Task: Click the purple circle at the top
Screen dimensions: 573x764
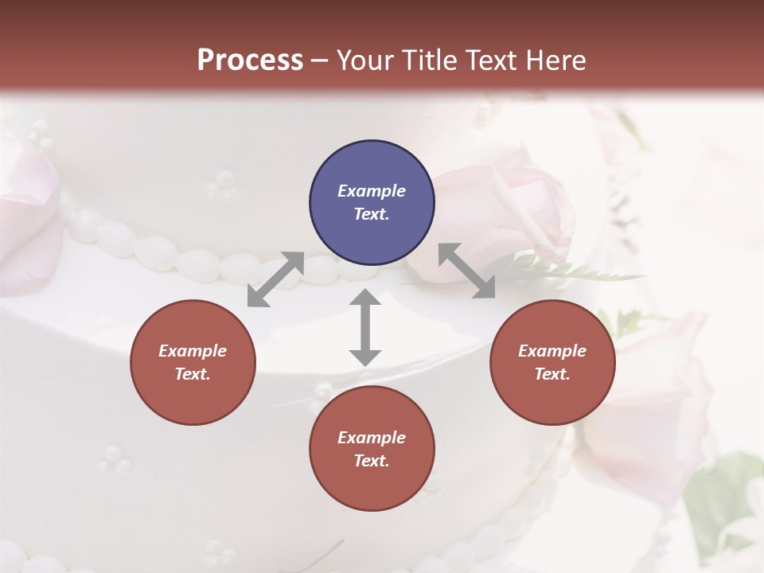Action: (x=372, y=203)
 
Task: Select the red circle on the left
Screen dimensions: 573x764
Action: (x=193, y=362)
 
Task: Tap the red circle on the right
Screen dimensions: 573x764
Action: (x=552, y=362)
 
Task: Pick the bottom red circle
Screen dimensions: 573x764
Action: (x=372, y=449)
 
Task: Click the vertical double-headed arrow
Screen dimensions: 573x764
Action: (x=365, y=328)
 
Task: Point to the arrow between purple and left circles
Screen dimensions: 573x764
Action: (x=275, y=279)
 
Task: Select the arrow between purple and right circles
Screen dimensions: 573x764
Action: (x=466, y=271)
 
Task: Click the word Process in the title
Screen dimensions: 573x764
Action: (x=250, y=60)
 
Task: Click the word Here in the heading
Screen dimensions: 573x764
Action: (x=558, y=60)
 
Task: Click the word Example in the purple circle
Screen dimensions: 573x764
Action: (x=372, y=191)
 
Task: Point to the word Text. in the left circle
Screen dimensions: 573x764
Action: (x=193, y=374)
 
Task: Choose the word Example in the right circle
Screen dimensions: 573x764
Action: (x=552, y=351)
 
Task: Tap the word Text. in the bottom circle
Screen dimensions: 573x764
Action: (x=372, y=461)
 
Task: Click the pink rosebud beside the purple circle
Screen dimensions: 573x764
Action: (x=509, y=207)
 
